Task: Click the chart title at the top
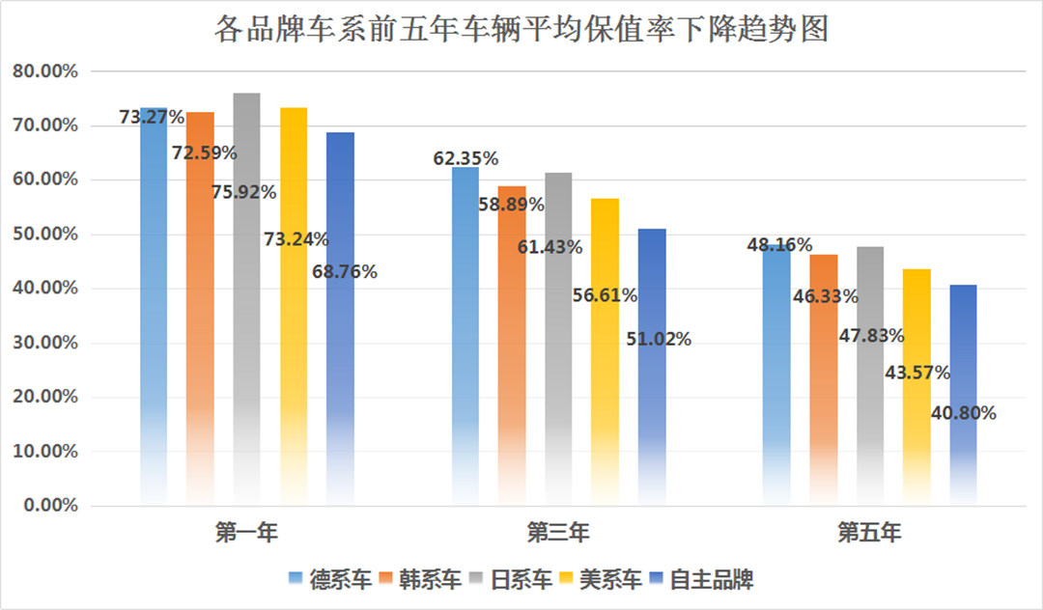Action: click(521, 29)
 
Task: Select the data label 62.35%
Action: click(465, 158)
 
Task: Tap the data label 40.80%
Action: click(964, 413)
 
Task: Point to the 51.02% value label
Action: click(659, 339)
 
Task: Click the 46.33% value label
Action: click(825, 296)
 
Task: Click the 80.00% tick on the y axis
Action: click(49, 71)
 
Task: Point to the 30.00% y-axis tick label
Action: click(49, 343)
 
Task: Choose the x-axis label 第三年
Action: click(558, 532)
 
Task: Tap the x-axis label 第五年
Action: click(869, 532)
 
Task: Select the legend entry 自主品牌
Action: click(711, 579)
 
